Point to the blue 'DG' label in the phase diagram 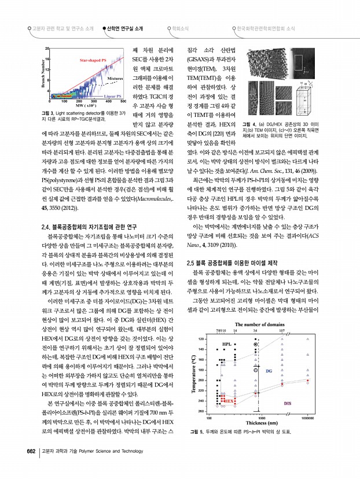[277, 371]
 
